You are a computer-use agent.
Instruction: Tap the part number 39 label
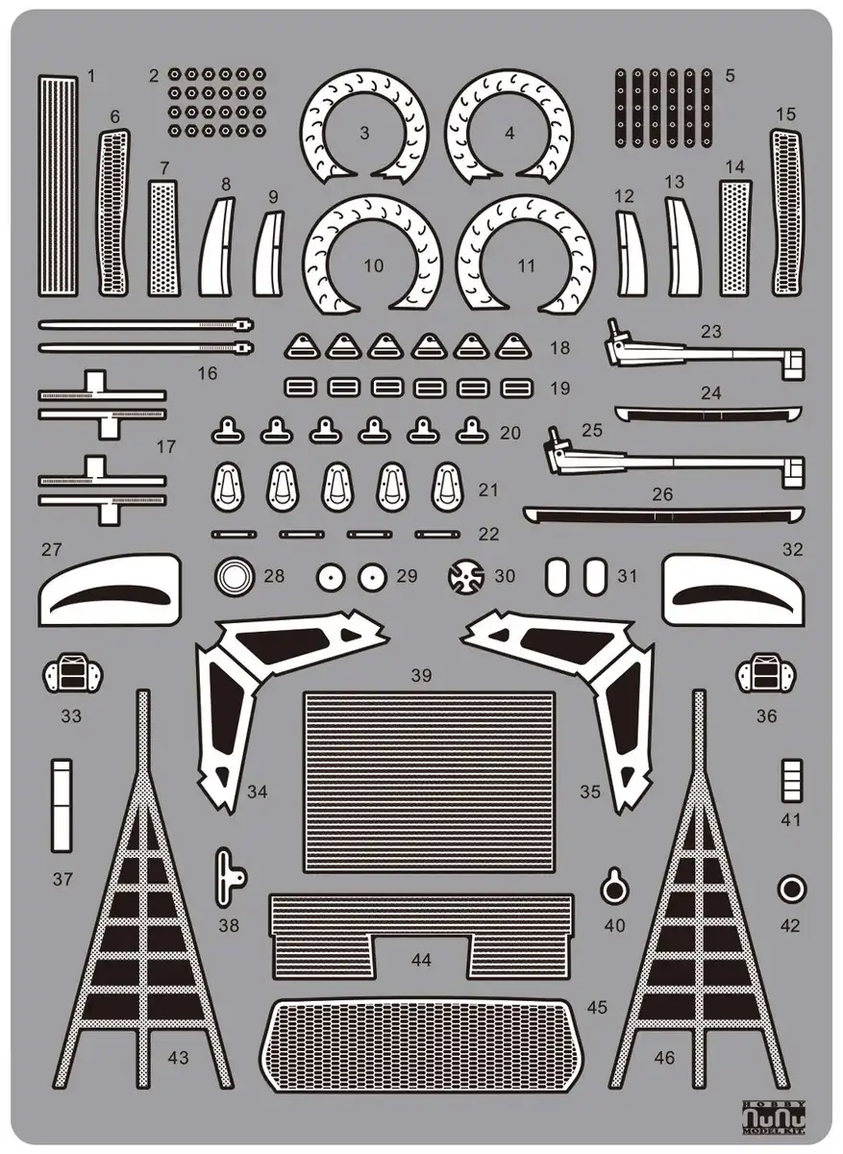tap(421, 675)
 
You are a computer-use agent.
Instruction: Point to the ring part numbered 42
tap(790, 889)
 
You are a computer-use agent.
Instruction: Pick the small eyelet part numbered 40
tap(614, 887)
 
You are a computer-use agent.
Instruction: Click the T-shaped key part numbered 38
tap(228, 876)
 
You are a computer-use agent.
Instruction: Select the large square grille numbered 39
tap(429, 782)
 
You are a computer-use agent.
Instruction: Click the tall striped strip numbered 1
tap(58, 185)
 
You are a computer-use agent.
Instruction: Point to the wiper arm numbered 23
tap(703, 353)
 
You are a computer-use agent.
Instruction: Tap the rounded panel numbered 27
tap(110, 589)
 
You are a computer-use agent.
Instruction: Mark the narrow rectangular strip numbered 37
tap(62, 805)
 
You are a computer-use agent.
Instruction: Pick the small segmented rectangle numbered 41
tap(791, 780)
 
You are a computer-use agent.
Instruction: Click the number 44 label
tap(421, 959)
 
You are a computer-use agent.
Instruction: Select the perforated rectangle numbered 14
tap(734, 238)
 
